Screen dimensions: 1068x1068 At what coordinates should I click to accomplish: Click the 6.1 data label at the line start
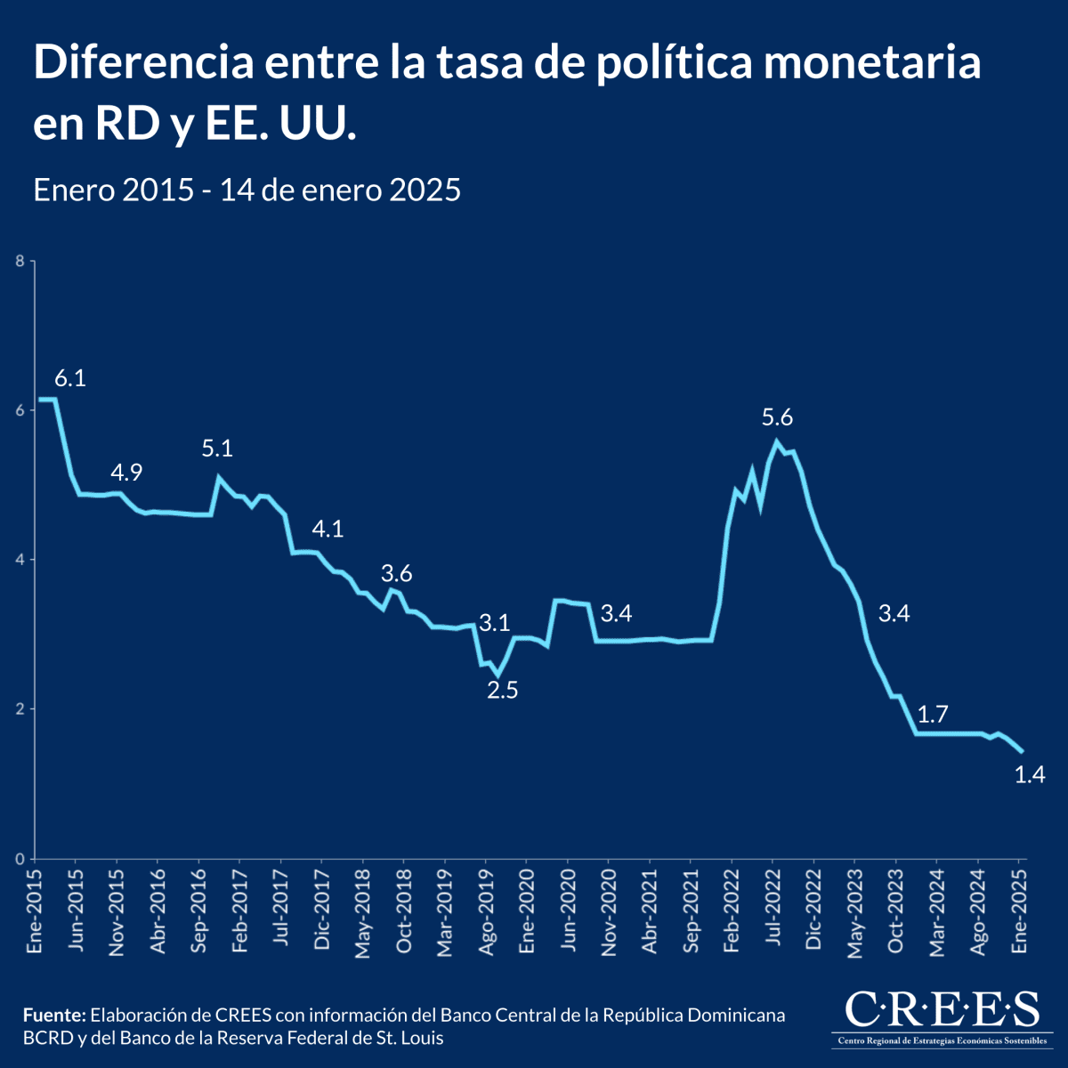point(70,378)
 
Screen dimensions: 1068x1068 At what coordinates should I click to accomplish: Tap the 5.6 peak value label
point(777,417)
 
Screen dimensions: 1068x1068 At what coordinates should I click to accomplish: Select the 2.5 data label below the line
point(502,689)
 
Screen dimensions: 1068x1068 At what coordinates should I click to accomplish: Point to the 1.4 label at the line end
point(1029,774)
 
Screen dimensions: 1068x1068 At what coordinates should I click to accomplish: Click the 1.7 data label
point(933,713)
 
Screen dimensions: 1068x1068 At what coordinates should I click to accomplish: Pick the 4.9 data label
point(126,472)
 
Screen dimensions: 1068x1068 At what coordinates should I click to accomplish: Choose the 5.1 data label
point(217,449)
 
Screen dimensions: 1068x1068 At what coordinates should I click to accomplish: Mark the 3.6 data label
point(397,573)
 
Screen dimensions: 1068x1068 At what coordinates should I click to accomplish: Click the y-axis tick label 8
point(19,261)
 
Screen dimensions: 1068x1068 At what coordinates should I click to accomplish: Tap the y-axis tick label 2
point(19,709)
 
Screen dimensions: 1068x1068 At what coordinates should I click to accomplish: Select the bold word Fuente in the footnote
point(53,1015)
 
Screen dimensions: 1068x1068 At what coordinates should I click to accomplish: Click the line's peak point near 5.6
point(776,441)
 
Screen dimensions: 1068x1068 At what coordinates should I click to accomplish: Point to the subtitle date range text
point(247,190)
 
